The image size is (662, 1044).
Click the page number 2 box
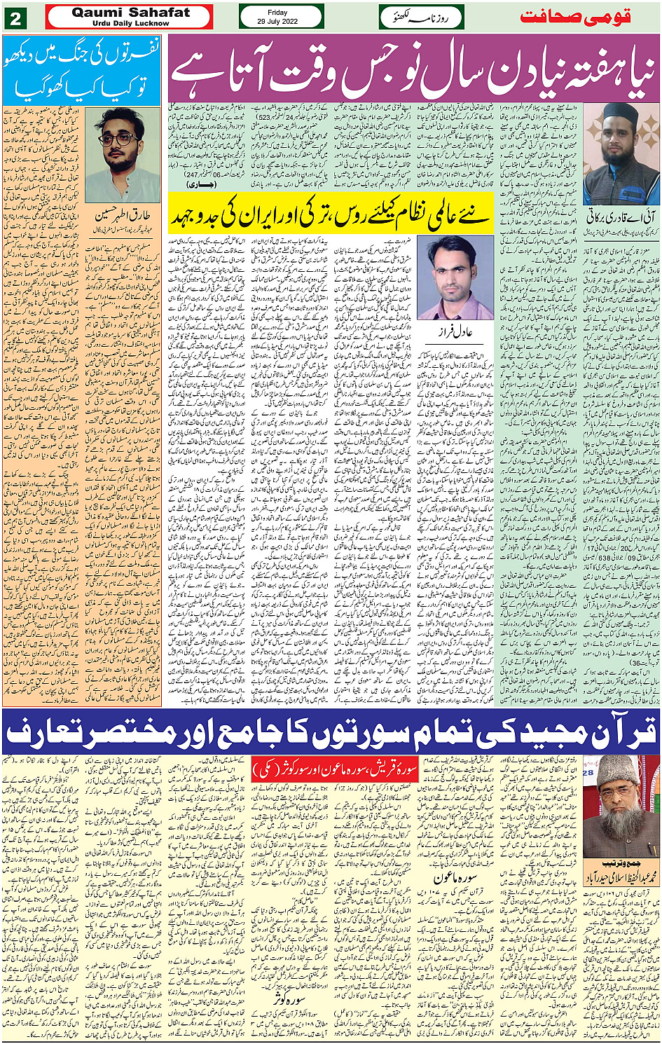[15, 18]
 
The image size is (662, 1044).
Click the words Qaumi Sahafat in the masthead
[130, 13]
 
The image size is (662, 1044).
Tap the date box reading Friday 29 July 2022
[281, 17]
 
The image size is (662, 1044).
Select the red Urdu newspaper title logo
[586, 17]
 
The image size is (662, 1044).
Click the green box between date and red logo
[420, 17]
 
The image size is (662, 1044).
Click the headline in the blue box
[82, 71]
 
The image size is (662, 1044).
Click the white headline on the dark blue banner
[331, 733]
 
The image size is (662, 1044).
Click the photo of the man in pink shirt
[455, 277]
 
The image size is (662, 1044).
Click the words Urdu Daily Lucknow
[130, 23]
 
